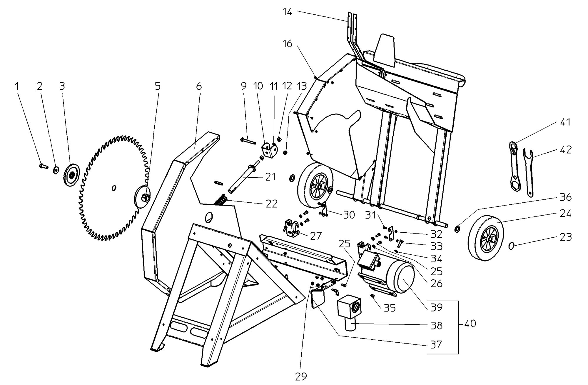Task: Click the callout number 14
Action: pyautogui.click(x=287, y=12)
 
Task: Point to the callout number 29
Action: pyautogui.click(x=301, y=376)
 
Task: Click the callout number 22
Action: pyautogui.click(x=271, y=204)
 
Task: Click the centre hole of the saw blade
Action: pyautogui.click(x=114, y=188)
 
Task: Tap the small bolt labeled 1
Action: pyautogui.click(x=43, y=166)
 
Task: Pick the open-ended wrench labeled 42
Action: pyautogui.click(x=529, y=172)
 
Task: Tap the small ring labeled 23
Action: pyautogui.click(x=512, y=246)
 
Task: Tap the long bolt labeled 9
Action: pyautogui.click(x=248, y=140)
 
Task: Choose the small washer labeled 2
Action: pyautogui.click(x=56, y=170)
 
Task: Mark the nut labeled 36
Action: pyautogui.click(x=458, y=229)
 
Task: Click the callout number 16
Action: pyautogui.click(x=287, y=44)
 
